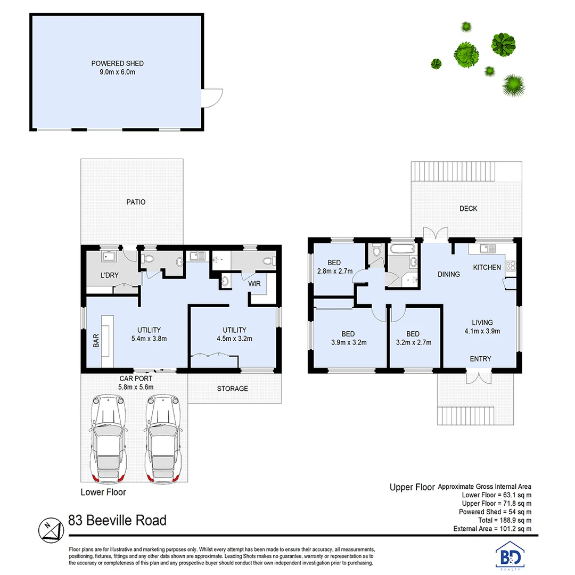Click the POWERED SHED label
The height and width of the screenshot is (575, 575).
pyautogui.click(x=117, y=63)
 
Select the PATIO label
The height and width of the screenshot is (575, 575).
pyautogui.click(x=136, y=202)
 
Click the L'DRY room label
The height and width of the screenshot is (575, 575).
pyautogui.click(x=109, y=275)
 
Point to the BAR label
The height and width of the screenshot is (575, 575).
pyautogui.click(x=96, y=341)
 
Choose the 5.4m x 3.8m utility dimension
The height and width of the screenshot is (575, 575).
pyautogui.click(x=149, y=338)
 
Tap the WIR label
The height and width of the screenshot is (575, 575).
pyautogui.click(x=254, y=284)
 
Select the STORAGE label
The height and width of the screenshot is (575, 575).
pyautogui.click(x=232, y=389)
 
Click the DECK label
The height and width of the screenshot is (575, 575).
pyautogui.click(x=468, y=209)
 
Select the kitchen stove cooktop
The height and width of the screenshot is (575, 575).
pyautogui.click(x=511, y=266)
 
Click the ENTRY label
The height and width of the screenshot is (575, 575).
pyautogui.click(x=480, y=359)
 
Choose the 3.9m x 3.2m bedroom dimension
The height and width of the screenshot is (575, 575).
pyautogui.click(x=348, y=342)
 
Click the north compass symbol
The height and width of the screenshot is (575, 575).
pyautogui.click(x=50, y=528)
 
